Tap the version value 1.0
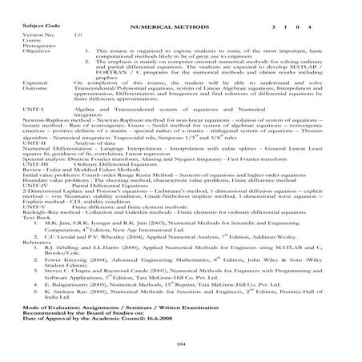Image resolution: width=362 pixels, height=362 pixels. [78, 36]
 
